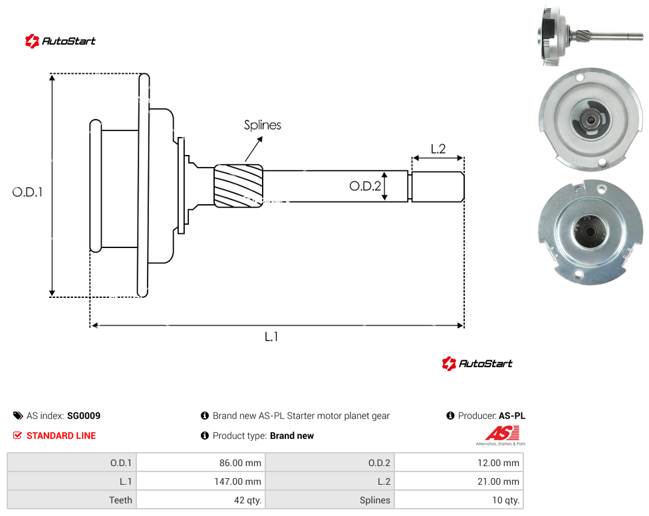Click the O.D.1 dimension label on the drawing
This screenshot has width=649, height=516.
(27, 192)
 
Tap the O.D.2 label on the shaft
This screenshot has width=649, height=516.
(364, 186)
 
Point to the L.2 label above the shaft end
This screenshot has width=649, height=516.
(438, 149)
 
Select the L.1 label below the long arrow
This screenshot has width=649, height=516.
(271, 337)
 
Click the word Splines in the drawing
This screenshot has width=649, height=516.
(263, 125)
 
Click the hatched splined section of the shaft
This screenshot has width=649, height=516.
(239, 186)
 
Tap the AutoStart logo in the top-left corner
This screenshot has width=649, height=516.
(60, 41)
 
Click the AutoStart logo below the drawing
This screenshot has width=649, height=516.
(477, 363)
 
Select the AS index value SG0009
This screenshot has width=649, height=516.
(84, 416)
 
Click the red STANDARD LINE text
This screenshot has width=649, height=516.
(61, 436)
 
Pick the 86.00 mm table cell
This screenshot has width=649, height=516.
(201, 463)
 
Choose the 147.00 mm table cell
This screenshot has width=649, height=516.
(201, 481)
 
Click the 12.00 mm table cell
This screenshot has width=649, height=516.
(459, 463)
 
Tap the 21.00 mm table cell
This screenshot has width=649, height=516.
(459, 481)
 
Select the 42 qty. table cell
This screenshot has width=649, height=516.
(201, 500)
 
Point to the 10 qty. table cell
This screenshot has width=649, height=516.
(459, 500)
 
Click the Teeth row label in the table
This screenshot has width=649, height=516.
(120, 500)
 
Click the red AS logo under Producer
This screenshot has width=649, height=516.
(502, 434)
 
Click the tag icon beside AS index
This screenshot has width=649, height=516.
(18, 416)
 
